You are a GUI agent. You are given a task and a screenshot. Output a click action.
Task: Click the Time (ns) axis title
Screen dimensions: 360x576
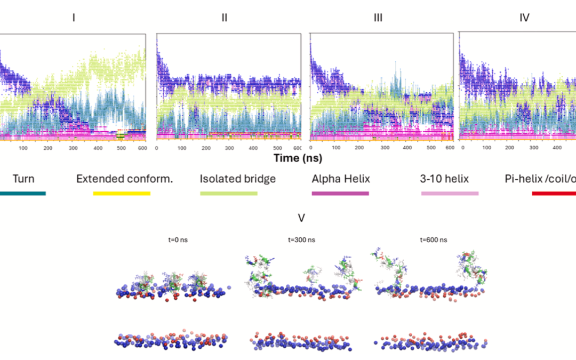(298, 158)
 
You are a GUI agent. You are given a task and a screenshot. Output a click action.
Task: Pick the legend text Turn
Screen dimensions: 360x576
(23, 179)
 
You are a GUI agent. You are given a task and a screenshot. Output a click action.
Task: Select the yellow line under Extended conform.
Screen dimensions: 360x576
(122, 193)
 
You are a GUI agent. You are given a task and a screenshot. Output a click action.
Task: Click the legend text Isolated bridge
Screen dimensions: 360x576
(238, 179)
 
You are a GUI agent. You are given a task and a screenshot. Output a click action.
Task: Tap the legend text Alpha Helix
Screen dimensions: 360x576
(340, 179)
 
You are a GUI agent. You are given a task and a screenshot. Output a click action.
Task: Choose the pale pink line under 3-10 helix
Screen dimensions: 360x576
(450, 193)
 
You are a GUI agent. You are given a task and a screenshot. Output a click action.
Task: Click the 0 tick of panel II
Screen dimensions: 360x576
(157, 148)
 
